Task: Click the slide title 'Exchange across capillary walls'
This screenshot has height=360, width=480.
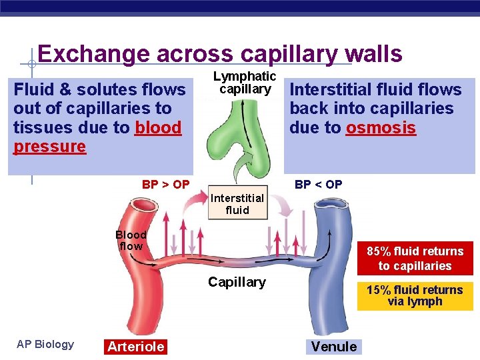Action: click(220, 53)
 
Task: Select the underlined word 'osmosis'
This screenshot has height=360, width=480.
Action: click(381, 127)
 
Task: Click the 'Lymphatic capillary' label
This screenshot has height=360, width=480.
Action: click(245, 83)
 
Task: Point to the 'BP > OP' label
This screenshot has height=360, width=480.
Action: click(166, 185)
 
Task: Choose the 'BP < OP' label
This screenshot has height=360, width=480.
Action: click(318, 185)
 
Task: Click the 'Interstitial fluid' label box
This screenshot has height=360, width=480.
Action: click(238, 204)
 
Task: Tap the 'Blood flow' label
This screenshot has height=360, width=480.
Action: click(131, 241)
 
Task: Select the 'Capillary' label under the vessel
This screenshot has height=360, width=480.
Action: click(237, 282)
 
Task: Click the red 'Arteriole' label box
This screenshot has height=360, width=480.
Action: click(136, 346)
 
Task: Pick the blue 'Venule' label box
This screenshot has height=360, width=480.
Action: click(334, 346)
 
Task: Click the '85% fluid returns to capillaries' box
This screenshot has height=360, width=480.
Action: click(415, 259)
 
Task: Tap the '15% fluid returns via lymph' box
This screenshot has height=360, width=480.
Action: click(415, 295)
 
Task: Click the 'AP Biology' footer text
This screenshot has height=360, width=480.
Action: click(45, 344)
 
